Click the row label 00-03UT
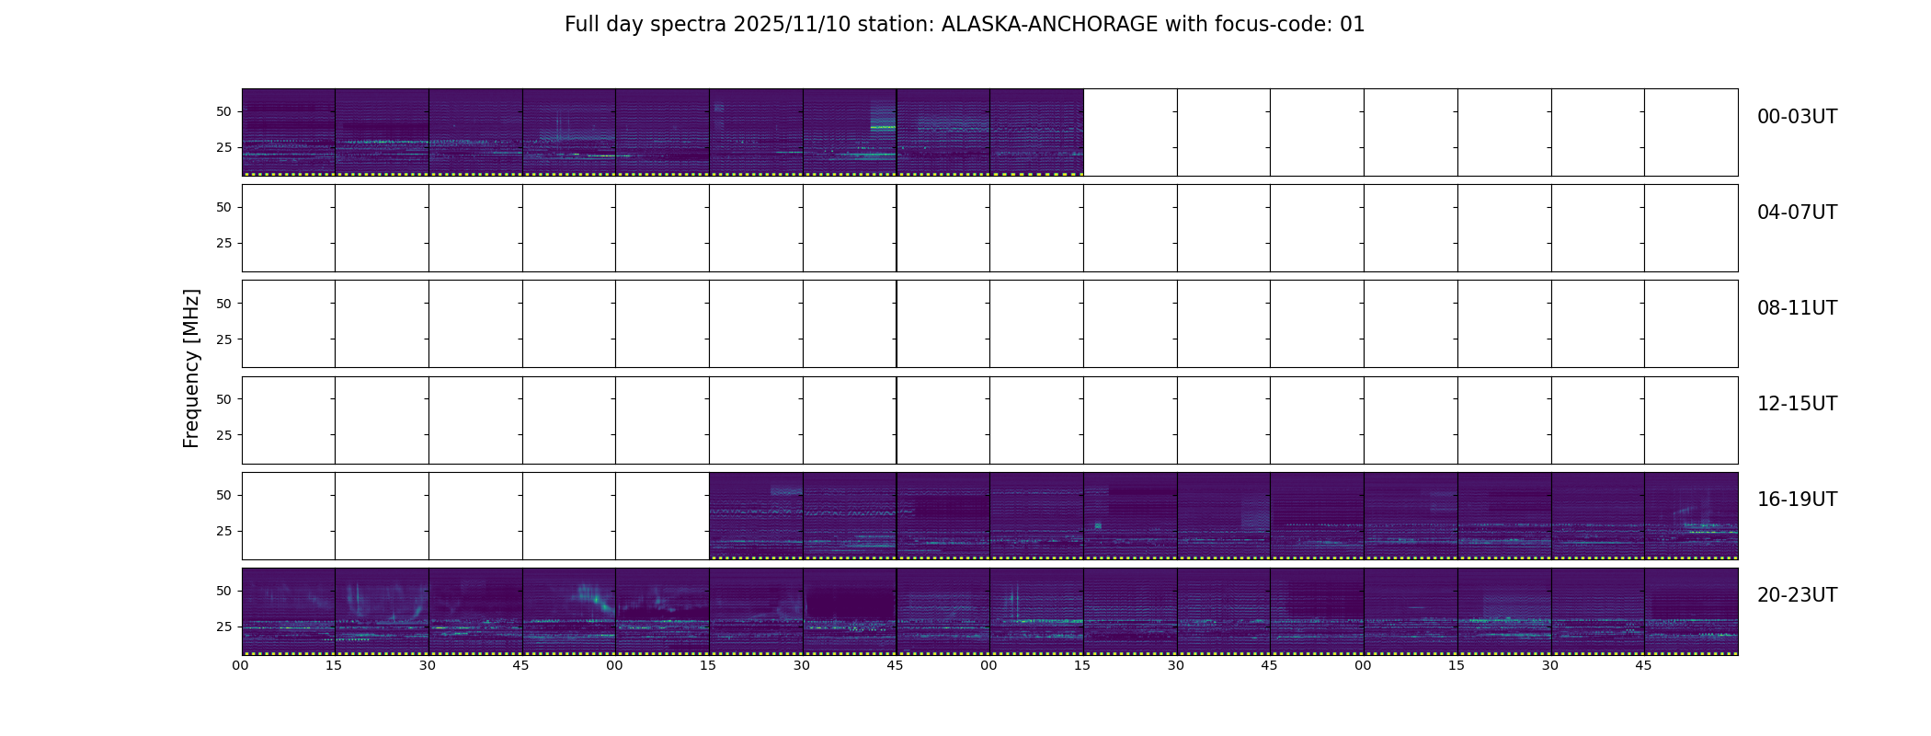point(1797,117)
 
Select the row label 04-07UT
point(1797,213)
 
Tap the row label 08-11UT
point(1797,308)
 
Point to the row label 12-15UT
point(1797,404)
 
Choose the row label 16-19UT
point(1797,500)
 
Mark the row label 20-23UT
point(1797,595)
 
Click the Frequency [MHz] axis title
point(191,368)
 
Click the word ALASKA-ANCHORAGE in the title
point(1049,25)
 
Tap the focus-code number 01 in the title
point(1352,25)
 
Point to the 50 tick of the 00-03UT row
point(223,111)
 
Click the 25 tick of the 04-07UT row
point(223,243)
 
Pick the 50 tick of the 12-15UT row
point(223,399)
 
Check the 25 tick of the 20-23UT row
point(223,627)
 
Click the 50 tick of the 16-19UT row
point(223,495)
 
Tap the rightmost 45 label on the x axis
point(1643,665)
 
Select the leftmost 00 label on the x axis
point(241,665)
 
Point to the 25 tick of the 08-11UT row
point(223,339)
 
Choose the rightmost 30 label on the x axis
point(1550,665)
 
